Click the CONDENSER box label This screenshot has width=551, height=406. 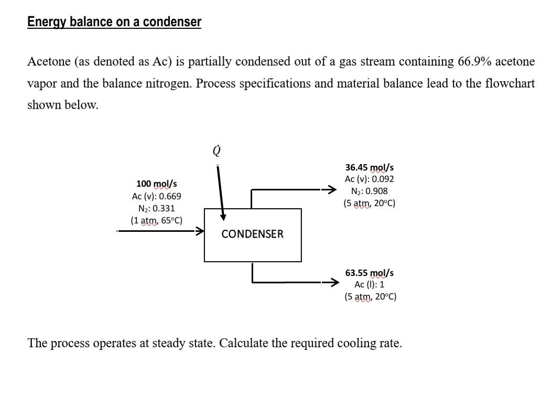pyautogui.click(x=252, y=234)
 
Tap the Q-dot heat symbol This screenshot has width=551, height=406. pyautogui.click(x=217, y=151)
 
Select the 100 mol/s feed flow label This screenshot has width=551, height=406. pyautogui.click(x=156, y=184)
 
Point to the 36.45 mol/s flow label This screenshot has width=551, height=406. pyautogui.click(x=369, y=168)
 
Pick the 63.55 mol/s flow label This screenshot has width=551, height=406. pyautogui.click(x=369, y=273)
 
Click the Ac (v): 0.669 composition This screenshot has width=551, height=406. pyautogui.click(x=156, y=196)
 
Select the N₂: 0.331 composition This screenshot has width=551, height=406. pyautogui.click(x=156, y=208)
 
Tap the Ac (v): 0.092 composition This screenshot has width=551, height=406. pyautogui.click(x=369, y=179)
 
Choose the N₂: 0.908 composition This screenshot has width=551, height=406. pyautogui.click(x=369, y=191)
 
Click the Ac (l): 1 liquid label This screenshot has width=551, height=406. pyautogui.click(x=369, y=284)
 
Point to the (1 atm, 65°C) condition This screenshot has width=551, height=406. pyautogui.click(x=156, y=220)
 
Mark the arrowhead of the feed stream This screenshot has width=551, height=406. pyautogui.click(x=200, y=230)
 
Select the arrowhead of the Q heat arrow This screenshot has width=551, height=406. pyautogui.click(x=223, y=217)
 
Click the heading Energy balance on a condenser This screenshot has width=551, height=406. pyautogui.click(x=114, y=22)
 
